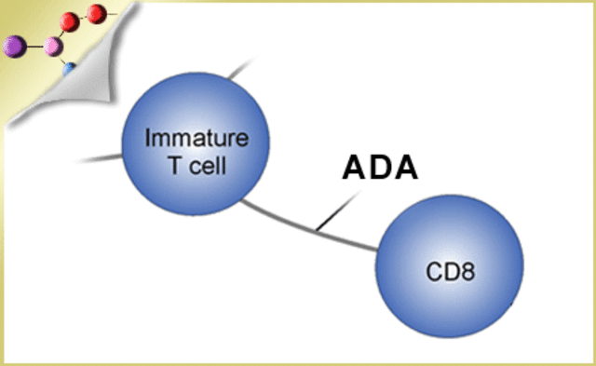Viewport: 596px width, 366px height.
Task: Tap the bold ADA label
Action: click(x=380, y=168)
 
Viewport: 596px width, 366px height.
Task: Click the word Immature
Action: click(x=196, y=140)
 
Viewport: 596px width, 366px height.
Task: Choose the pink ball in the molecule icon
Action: click(x=53, y=45)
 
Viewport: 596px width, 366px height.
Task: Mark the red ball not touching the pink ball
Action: click(x=96, y=12)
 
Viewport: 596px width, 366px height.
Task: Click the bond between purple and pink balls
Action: click(x=34, y=44)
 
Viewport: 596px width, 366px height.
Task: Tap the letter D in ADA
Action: click(x=380, y=168)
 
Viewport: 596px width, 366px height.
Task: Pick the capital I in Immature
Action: click(x=148, y=140)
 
